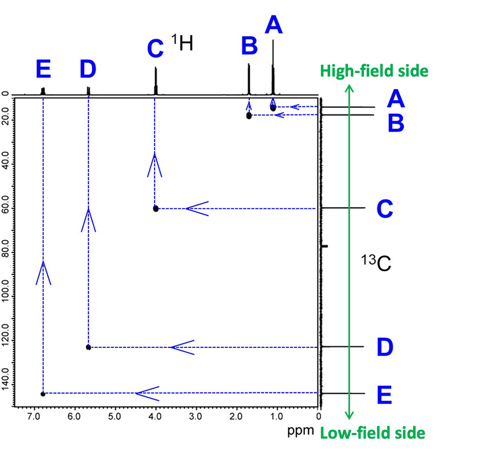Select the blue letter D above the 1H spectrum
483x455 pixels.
coord(88,70)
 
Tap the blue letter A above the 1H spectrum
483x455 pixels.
coord(273,25)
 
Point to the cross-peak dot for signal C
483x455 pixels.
coord(156,208)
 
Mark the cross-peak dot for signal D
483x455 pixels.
coord(88,347)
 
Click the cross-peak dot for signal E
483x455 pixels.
coord(43,394)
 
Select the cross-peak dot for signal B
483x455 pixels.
coord(249,115)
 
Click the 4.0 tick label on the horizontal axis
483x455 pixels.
coord(155,415)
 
